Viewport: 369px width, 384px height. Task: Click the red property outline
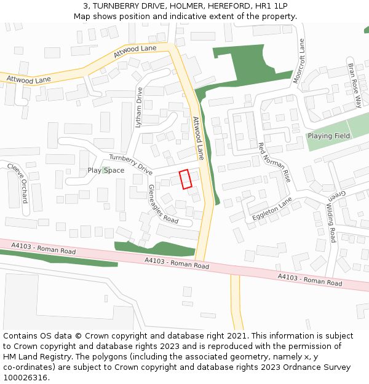coord(186,179)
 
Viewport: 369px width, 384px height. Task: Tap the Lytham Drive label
coord(138,107)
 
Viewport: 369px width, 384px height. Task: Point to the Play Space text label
coord(106,171)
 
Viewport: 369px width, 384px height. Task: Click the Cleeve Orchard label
coord(18,183)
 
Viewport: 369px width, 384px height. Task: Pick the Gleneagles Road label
coord(163,205)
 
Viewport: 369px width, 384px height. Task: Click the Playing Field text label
coord(329,136)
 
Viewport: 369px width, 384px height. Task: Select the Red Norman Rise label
coord(274,162)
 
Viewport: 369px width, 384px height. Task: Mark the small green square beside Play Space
coord(106,170)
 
